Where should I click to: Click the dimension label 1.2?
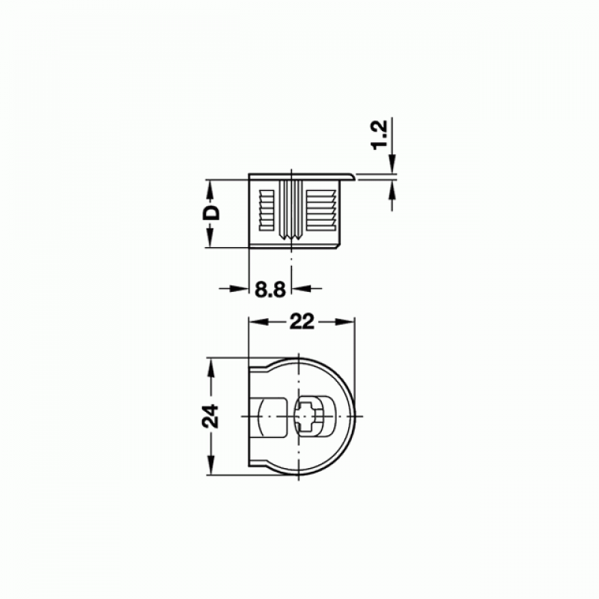point(381,135)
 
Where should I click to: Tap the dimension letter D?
point(212,213)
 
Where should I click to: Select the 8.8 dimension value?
point(270,290)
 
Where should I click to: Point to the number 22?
point(302,322)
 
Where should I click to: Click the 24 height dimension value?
point(210,416)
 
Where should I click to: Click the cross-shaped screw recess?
point(308,416)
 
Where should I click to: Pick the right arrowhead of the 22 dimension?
point(345,322)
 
